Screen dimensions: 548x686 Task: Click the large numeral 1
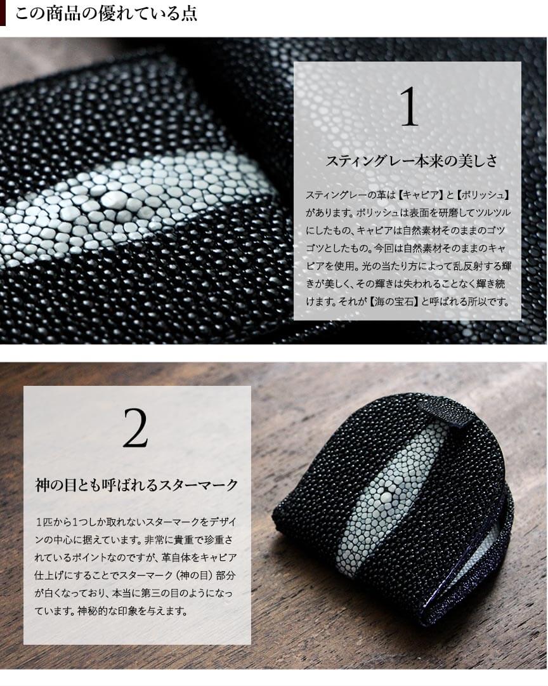409,107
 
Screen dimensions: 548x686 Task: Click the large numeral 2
135,428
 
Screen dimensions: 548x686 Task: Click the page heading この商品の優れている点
106,13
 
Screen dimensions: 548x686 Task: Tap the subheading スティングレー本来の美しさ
411,161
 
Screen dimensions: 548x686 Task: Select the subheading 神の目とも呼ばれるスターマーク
136,485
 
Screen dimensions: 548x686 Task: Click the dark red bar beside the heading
3,13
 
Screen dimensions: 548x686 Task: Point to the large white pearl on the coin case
385,493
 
